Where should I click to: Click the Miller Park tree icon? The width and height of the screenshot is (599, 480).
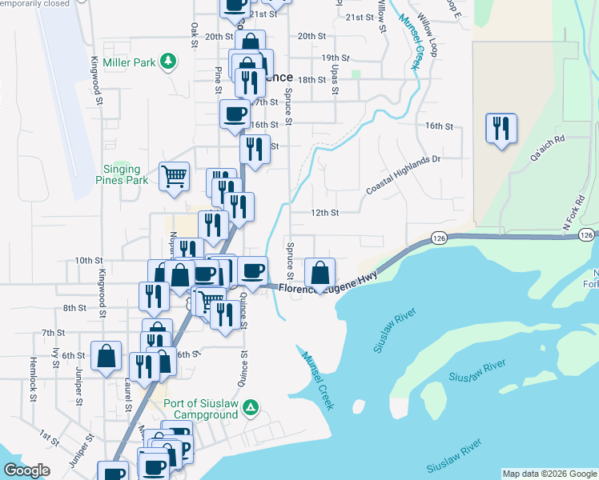point(168,62)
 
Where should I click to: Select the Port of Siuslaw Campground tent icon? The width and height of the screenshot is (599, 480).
point(251,409)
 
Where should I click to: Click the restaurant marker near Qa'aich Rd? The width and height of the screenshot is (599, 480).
point(501,128)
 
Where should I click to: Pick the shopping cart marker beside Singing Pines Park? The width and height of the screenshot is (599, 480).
point(174,176)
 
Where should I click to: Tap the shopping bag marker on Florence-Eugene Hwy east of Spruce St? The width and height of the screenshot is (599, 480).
point(320,272)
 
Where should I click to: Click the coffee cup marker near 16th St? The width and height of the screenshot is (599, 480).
point(235,114)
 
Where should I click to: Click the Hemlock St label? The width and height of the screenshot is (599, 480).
point(33,374)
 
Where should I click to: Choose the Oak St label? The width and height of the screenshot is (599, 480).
point(194,34)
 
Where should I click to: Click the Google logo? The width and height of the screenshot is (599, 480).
point(27,470)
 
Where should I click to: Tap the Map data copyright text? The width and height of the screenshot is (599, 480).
point(549,474)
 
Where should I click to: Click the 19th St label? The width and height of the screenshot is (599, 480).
point(336,58)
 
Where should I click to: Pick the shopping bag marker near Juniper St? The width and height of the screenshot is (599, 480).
point(106,357)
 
